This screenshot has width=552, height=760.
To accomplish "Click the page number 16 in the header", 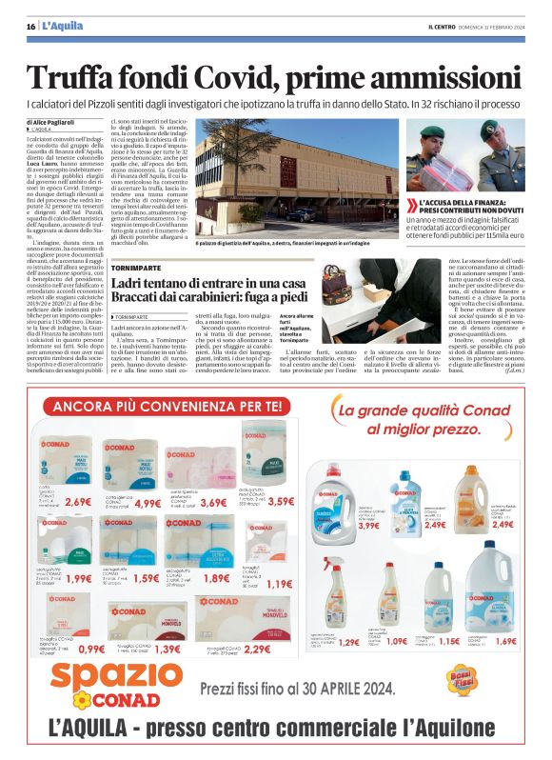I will (31, 26).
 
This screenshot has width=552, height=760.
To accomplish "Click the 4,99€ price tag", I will (148, 503).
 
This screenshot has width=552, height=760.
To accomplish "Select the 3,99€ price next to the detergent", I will (368, 525).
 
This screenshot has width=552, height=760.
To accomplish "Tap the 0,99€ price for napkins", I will (92, 649).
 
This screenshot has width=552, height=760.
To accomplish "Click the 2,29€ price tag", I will (257, 649).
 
